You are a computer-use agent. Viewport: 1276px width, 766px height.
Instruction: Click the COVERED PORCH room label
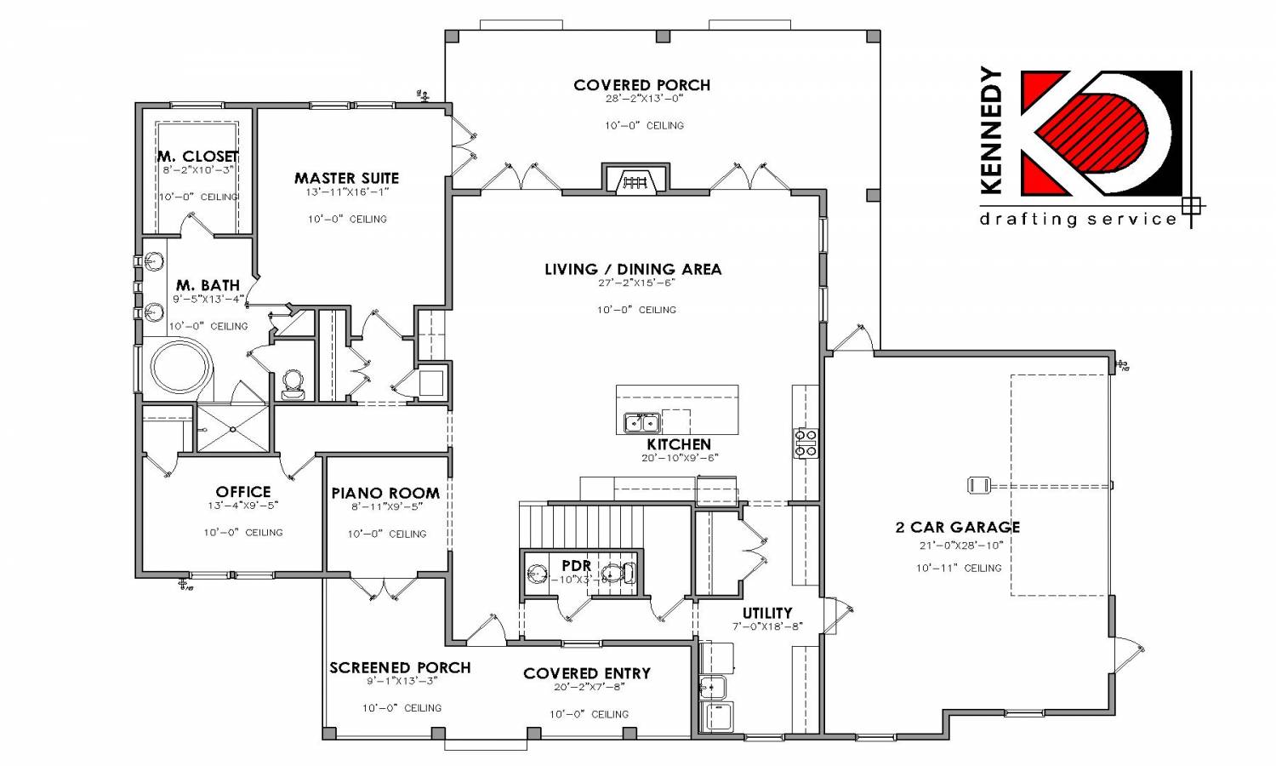(x=641, y=85)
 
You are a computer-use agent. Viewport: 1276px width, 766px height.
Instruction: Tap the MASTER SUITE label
(x=346, y=178)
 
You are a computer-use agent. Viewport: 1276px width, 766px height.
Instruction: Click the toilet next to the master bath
(x=293, y=384)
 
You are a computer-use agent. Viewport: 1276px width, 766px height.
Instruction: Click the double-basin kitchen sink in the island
(x=642, y=422)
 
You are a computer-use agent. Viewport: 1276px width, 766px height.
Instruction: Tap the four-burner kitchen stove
(x=805, y=443)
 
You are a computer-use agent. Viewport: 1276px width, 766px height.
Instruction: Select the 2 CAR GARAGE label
(x=957, y=527)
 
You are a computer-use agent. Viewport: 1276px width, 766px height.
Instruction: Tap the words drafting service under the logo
(x=1078, y=220)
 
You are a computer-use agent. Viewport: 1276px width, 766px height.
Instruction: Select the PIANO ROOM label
(x=385, y=493)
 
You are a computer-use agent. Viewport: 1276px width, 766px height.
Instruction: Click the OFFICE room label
(x=243, y=492)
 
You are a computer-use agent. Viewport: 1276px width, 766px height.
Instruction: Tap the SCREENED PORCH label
(x=400, y=667)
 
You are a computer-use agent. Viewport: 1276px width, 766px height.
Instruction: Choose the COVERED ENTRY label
(x=587, y=673)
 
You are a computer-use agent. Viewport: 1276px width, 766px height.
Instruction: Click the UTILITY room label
(x=766, y=613)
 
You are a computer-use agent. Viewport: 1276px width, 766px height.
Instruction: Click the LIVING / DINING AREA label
(x=633, y=269)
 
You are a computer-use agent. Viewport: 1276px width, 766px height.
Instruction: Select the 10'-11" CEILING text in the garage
(x=959, y=568)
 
